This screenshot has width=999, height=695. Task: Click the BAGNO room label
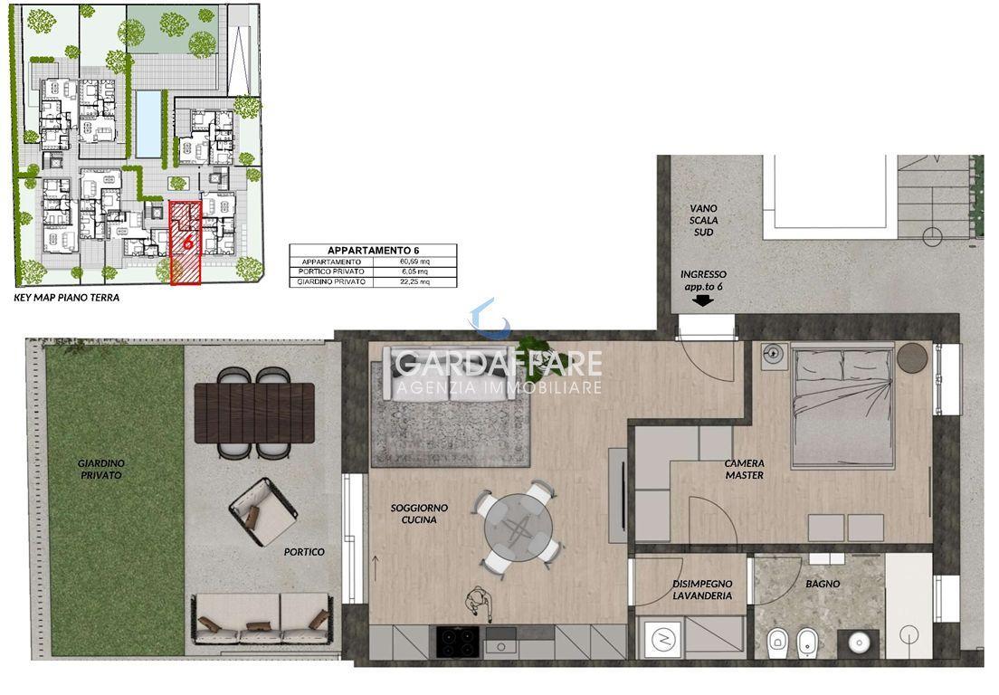822,584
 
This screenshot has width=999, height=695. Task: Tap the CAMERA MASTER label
744,470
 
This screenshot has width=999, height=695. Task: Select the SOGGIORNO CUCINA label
419,513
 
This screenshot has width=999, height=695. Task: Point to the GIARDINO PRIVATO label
101,469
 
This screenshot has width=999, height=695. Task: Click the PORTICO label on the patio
304,552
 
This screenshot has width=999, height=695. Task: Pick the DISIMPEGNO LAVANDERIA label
702,589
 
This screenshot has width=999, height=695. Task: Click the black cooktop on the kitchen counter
458,643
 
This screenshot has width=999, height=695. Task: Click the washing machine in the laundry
662,638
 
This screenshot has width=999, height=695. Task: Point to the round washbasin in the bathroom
859,643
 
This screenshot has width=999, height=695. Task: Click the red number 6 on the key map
187,242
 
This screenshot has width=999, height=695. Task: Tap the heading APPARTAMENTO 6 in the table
373,251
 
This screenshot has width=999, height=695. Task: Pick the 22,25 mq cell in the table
414,281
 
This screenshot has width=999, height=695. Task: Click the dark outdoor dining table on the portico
254,413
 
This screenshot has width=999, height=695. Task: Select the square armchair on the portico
263,512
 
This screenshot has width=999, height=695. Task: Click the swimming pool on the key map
148,124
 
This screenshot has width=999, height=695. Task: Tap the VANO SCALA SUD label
703,220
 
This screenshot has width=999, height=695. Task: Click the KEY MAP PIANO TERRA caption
66,297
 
